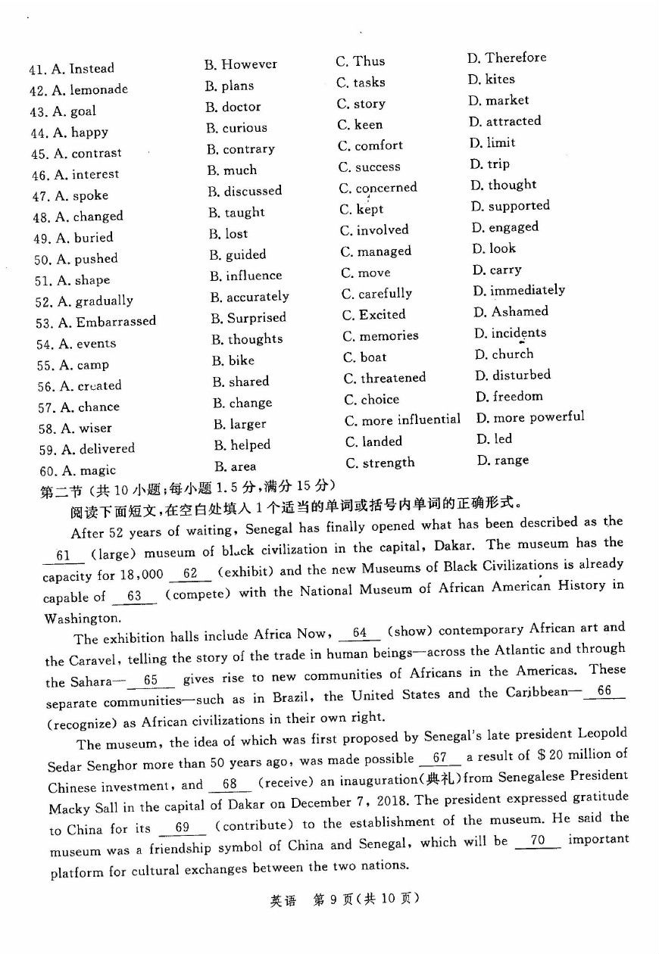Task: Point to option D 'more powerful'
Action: point(539,417)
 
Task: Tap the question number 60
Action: point(48,470)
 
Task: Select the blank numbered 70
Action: point(538,840)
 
